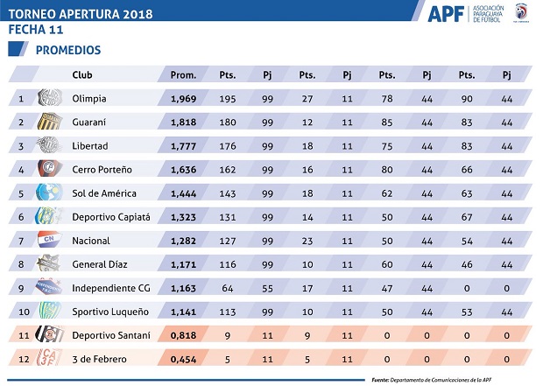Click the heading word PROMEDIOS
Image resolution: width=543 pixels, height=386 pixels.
click(x=68, y=50)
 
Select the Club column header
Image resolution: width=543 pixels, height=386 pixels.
click(x=82, y=74)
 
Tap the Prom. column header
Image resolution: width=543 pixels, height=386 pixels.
click(x=182, y=74)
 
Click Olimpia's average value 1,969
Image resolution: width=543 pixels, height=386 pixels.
click(x=183, y=99)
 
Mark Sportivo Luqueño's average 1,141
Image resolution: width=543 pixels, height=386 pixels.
click(x=183, y=312)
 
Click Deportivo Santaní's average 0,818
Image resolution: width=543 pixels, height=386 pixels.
click(x=183, y=335)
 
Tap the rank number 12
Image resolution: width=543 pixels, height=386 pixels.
click(x=21, y=359)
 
